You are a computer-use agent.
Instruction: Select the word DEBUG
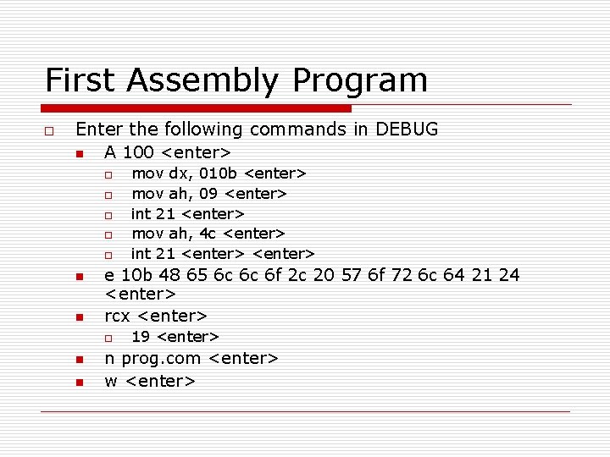(407, 129)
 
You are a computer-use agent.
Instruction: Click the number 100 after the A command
(138, 153)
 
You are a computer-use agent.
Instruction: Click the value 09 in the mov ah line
(208, 194)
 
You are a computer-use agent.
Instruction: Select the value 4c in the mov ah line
(208, 234)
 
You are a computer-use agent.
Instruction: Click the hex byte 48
(175, 275)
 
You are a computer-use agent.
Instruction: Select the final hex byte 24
(508, 275)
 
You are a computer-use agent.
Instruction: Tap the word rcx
(117, 317)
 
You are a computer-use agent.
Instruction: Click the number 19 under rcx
(141, 338)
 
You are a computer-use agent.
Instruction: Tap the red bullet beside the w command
(77, 383)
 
